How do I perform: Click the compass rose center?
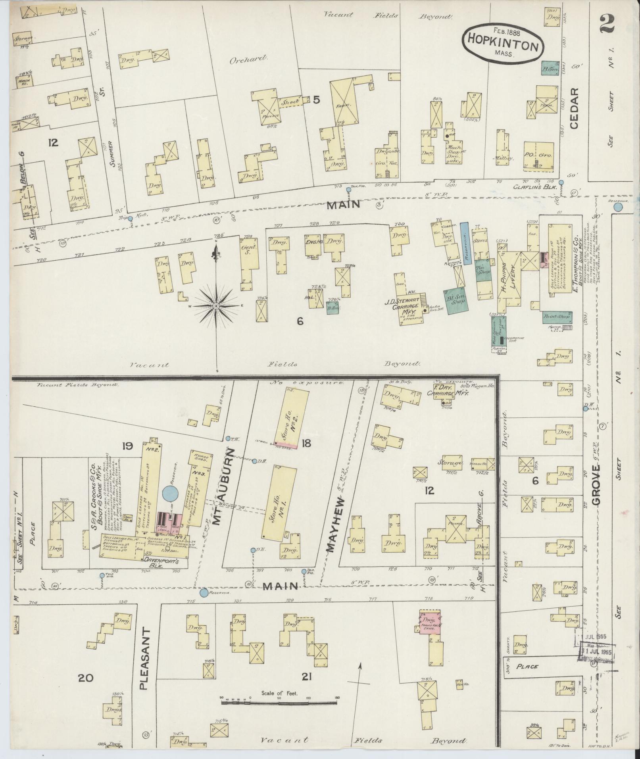[216, 306]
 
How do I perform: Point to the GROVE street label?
[596, 485]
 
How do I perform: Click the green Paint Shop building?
[557, 317]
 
